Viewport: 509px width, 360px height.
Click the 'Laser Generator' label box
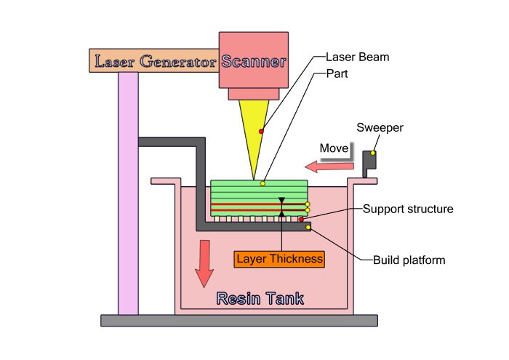point(154,60)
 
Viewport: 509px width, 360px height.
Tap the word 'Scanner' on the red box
point(254,61)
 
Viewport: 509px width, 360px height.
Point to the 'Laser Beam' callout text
point(358,57)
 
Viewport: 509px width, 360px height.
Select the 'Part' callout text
point(337,73)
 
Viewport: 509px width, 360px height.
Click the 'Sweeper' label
point(380,127)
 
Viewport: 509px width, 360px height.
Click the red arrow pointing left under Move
point(329,167)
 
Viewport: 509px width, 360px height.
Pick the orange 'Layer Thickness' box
point(279,259)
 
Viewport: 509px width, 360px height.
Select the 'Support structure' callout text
point(408,209)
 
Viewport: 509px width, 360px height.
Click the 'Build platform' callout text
point(409,260)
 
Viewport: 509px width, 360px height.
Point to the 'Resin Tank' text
point(260,298)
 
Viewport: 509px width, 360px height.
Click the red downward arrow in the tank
point(204,263)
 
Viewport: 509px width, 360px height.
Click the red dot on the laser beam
point(261,131)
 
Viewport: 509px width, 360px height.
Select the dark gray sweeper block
point(369,164)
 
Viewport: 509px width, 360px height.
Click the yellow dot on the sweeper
point(373,153)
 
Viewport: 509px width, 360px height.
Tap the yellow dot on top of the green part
point(262,184)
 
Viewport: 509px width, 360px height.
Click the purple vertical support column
point(128,193)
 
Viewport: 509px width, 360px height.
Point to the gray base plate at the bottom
point(239,321)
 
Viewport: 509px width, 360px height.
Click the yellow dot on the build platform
point(308,227)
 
